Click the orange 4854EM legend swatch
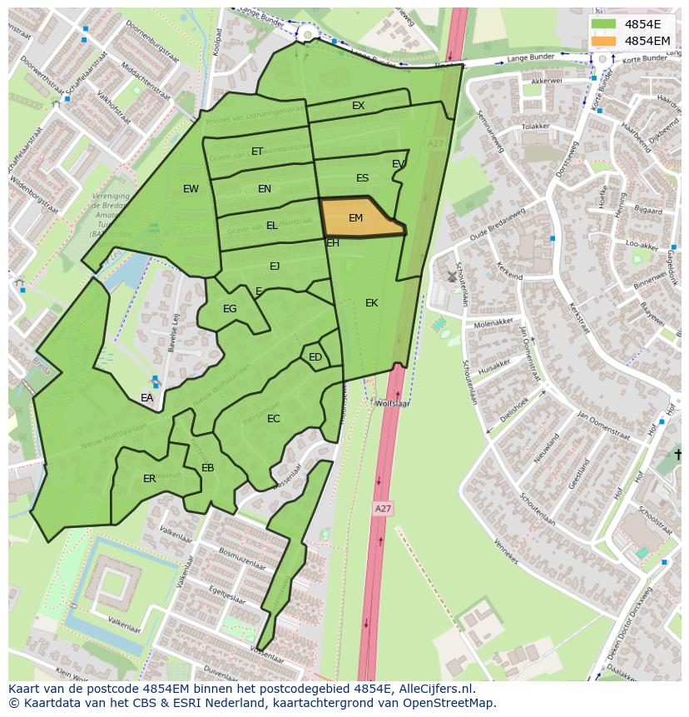(x=605, y=41)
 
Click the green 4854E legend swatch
(x=605, y=24)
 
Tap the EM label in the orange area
(x=355, y=218)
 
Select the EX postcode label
(x=358, y=106)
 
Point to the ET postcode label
(x=257, y=152)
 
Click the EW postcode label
(x=191, y=189)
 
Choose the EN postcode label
(x=265, y=189)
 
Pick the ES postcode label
(x=362, y=178)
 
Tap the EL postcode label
(x=272, y=226)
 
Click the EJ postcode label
(x=275, y=266)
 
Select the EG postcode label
(x=230, y=309)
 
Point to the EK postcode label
(x=371, y=303)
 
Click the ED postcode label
(x=315, y=357)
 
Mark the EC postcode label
(x=274, y=419)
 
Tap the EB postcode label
(x=208, y=468)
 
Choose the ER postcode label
(x=149, y=479)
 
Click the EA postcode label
(x=146, y=398)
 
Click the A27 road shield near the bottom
(x=382, y=508)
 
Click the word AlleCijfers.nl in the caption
(x=434, y=689)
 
